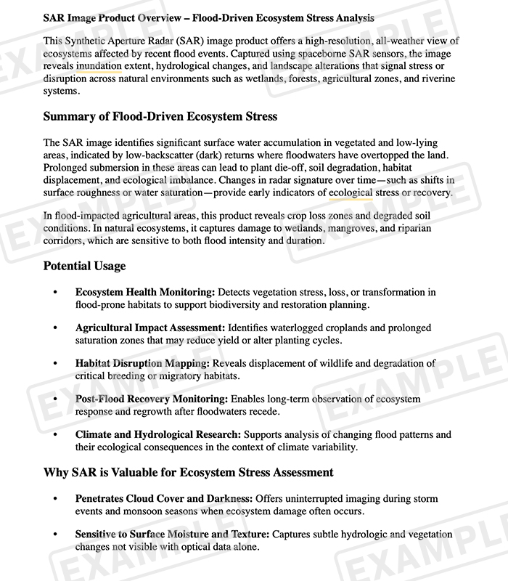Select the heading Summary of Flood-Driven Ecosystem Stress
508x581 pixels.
[x=160, y=116]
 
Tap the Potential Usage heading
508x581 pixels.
[x=84, y=266]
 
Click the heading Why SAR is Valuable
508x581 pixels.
[x=188, y=472]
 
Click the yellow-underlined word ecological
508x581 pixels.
[x=351, y=192]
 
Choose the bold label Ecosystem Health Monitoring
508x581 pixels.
[x=145, y=292]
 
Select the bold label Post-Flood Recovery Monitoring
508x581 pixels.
[x=152, y=399]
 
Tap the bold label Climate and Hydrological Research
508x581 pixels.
[x=158, y=434]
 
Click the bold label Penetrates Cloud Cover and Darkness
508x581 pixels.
[x=163, y=499]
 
